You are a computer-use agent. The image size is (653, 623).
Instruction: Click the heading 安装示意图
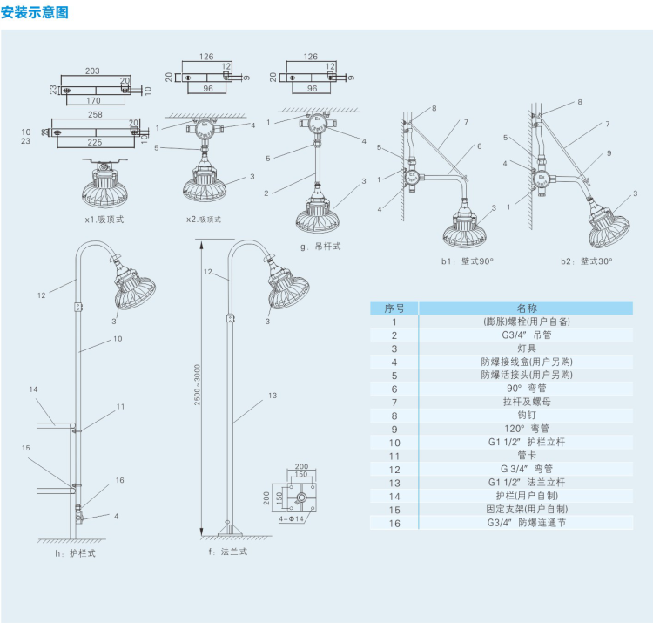(34, 12)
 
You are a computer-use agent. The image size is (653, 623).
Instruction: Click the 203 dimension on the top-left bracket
(92, 71)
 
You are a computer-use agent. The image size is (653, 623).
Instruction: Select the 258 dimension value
(95, 115)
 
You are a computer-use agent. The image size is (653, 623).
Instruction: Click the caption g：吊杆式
(320, 247)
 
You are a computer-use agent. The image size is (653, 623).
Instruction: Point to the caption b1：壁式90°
(467, 261)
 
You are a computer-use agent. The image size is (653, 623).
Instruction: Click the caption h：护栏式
(75, 552)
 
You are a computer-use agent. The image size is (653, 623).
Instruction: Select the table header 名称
(527, 308)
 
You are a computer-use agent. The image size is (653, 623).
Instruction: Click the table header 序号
(394, 308)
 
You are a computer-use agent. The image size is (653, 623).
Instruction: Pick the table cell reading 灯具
(527, 348)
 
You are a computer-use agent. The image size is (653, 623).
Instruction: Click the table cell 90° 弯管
(527, 389)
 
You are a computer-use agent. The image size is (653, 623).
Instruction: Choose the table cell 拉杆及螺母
(527, 402)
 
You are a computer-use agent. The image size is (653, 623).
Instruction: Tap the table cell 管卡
(527, 456)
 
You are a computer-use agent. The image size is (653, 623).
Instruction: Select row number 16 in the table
(394, 523)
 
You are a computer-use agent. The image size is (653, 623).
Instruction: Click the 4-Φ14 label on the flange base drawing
(291, 519)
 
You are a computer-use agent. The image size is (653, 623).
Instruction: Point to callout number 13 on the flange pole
(273, 396)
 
